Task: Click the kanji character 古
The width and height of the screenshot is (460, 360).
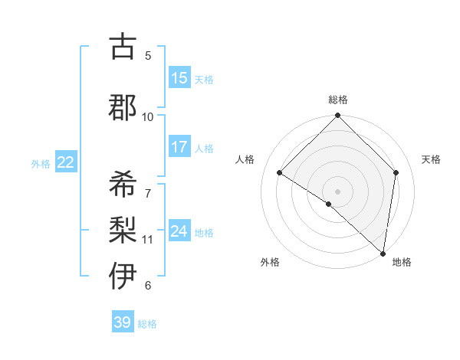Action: pyautogui.click(x=123, y=47)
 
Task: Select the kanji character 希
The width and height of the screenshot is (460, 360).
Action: pyautogui.click(x=123, y=184)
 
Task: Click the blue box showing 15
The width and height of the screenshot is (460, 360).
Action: pyautogui.click(x=179, y=78)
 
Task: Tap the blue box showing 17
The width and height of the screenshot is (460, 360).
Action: pyautogui.click(x=179, y=147)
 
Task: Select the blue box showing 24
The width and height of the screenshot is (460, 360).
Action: pyautogui.click(x=179, y=231)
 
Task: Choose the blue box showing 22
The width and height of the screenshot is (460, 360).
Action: pyautogui.click(x=65, y=162)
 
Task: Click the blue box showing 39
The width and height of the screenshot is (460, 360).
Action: pyautogui.click(x=122, y=322)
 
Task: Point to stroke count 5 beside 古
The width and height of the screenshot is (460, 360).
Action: pyautogui.click(x=148, y=55)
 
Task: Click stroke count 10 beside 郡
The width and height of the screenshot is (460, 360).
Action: pyautogui.click(x=148, y=116)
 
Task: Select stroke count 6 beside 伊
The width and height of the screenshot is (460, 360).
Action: pyautogui.click(x=148, y=286)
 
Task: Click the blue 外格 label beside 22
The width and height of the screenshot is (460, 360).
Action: pyautogui.click(x=41, y=163)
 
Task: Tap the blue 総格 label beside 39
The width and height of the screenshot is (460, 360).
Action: pyautogui.click(x=147, y=324)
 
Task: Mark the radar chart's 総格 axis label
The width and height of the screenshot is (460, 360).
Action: pyautogui.click(x=337, y=100)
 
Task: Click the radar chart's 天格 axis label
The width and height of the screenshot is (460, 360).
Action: pyautogui.click(x=431, y=159)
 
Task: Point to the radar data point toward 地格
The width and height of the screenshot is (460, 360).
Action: pyautogui.click(x=383, y=253)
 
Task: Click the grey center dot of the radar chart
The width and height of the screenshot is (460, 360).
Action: pyautogui.click(x=337, y=191)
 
